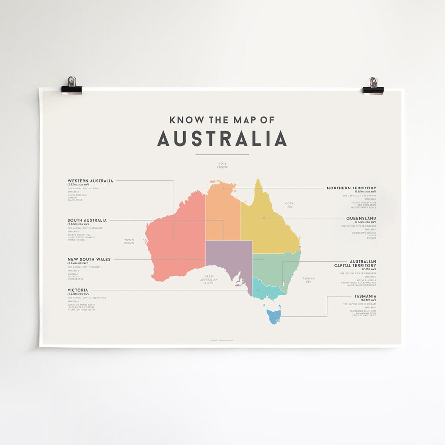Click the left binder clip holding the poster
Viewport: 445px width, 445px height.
coord(72,86)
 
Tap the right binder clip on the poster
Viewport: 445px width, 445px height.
coord(373,86)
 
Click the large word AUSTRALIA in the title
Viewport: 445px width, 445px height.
coord(222,139)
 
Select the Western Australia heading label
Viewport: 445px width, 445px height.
coord(90,181)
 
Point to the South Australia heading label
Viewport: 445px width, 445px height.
coord(87,220)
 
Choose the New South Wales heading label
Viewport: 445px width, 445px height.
coord(89,259)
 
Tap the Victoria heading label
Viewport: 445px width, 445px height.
coord(78,290)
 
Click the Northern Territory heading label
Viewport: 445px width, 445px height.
coord(351,188)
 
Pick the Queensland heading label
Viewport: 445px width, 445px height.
coord(361,218)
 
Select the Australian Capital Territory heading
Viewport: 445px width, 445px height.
coord(355,263)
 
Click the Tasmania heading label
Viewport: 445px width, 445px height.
coord(365,296)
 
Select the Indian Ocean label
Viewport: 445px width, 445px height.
coord(129,241)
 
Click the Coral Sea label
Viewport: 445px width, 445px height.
coord(290,205)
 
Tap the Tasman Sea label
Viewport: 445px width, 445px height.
coord(308,280)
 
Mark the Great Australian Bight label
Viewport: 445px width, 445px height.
coord(209,280)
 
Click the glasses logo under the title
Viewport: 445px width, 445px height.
coord(222,164)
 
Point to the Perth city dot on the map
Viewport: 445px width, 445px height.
coord(154,269)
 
